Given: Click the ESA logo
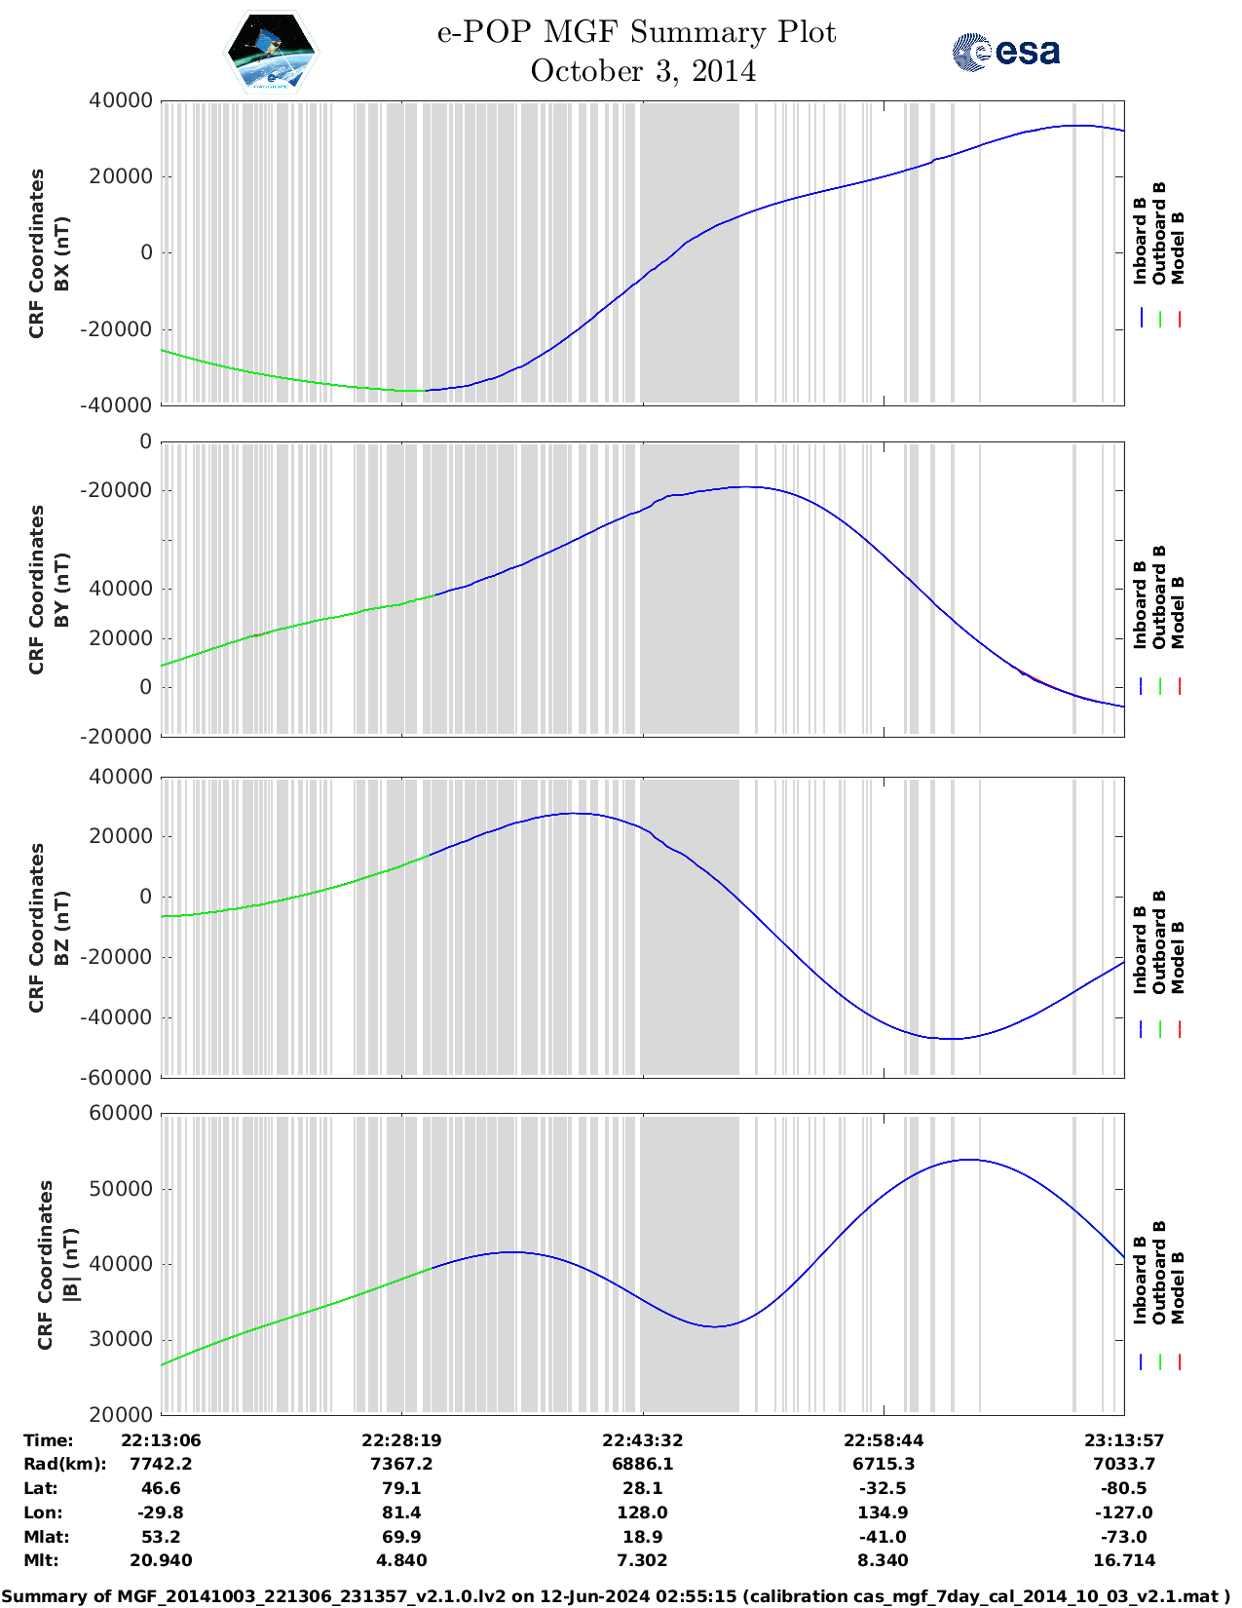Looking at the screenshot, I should coord(1005,52).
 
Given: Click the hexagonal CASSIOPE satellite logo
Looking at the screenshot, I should coord(272,52).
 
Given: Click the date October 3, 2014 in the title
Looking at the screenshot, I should coord(643,72).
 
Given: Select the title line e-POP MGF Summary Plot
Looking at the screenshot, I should coord(636,32).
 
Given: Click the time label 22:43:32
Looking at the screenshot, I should coord(642,1440).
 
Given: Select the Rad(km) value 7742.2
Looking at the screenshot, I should coord(161,1464).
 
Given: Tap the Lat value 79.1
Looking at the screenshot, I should coord(401,1488).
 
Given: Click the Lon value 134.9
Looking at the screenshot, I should coord(884,1512).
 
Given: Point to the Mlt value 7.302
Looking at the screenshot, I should coord(642,1560).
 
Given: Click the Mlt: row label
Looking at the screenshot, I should coord(41,1560).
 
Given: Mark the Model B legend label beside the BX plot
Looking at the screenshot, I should coord(1178,248).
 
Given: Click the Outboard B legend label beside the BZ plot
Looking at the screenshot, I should coord(1159,942).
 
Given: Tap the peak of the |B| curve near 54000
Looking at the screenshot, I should coord(969,1160).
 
